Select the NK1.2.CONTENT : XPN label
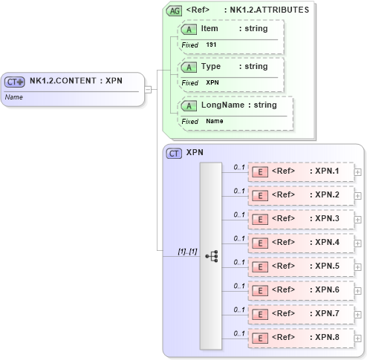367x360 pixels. tap(76, 82)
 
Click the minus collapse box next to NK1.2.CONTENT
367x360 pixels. tap(147, 89)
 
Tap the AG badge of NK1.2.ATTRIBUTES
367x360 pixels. tap(174, 11)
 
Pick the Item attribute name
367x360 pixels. tap(210, 28)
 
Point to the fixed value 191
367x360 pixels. tap(212, 45)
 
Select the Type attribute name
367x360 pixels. tap(211, 66)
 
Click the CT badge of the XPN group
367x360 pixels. tap(174, 153)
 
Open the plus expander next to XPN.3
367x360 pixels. tap(358, 220)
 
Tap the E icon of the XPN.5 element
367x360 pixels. tap(260, 266)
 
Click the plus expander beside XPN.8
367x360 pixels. tap(358, 338)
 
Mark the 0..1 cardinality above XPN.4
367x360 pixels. tap(239, 238)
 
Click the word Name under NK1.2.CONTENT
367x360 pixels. tap(14, 96)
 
